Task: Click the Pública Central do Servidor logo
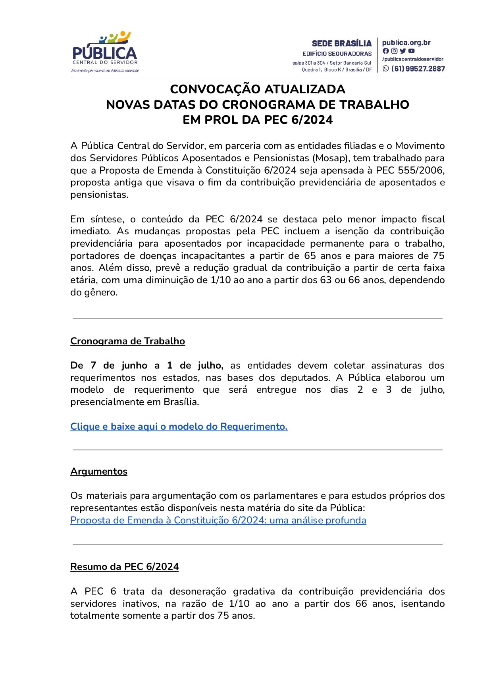click(105, 52)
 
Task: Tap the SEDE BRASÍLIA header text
click(341, 43)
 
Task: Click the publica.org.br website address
click(406, 42)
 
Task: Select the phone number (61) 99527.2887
click(418, 69)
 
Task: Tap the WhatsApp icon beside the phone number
click(386, 69)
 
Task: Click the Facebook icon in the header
click(385, 51)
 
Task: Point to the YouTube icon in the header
click(412, 51)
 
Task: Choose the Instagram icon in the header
click(394, 51)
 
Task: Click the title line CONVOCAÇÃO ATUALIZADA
click(258, 89)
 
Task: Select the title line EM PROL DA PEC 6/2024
click(258, 120)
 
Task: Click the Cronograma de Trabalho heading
click(127, 341)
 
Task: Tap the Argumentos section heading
click(99, 471)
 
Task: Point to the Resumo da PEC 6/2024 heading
click(124, 567)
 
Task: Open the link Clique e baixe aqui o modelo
click(179, 427)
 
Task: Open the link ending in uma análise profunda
click(218, 520)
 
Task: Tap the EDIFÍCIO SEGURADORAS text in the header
click(337, 54)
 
